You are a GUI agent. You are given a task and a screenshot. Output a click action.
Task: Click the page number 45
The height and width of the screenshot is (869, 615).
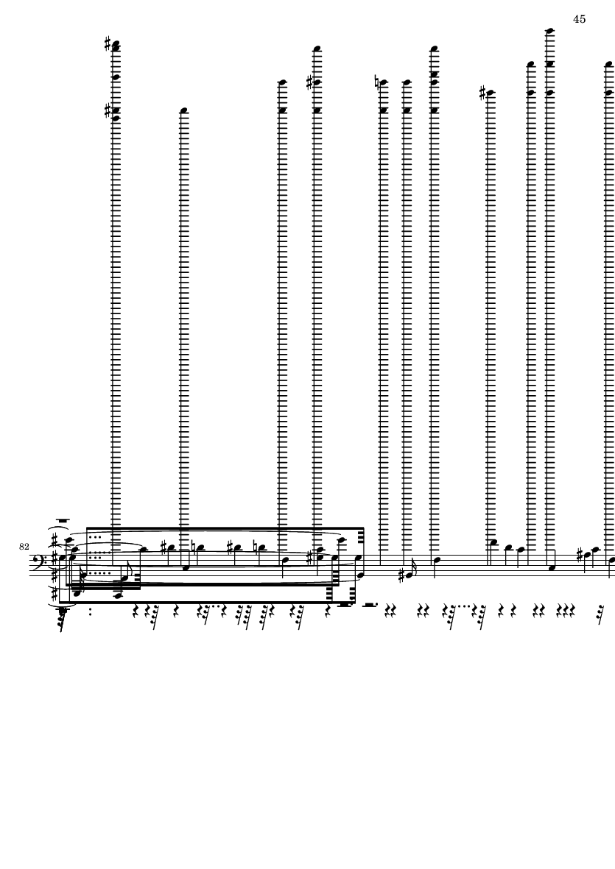tap(579, 19)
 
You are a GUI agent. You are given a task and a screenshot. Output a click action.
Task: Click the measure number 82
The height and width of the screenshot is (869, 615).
tap(24, 547)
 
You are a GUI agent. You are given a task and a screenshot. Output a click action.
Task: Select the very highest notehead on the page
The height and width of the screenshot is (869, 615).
tap(550, 31)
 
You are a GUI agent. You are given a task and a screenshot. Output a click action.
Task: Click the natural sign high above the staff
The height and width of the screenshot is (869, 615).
tap(377, 83)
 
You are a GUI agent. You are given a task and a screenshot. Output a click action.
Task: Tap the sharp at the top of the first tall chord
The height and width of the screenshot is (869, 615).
tap(108, 43)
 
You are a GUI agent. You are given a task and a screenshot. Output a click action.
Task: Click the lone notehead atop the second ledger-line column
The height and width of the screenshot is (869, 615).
tap(184, 111)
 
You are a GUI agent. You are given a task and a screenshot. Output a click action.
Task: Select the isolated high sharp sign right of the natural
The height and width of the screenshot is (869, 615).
tap(483, 93)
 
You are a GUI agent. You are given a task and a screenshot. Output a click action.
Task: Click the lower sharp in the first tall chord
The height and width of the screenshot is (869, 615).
tap(108, 111)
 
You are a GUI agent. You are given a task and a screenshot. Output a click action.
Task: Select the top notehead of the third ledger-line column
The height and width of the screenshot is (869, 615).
tap(282, 82)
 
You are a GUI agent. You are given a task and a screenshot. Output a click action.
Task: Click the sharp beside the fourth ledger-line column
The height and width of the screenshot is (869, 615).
tap(310, 83)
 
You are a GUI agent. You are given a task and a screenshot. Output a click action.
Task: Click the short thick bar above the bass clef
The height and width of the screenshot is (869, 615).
tap(63, 520)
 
